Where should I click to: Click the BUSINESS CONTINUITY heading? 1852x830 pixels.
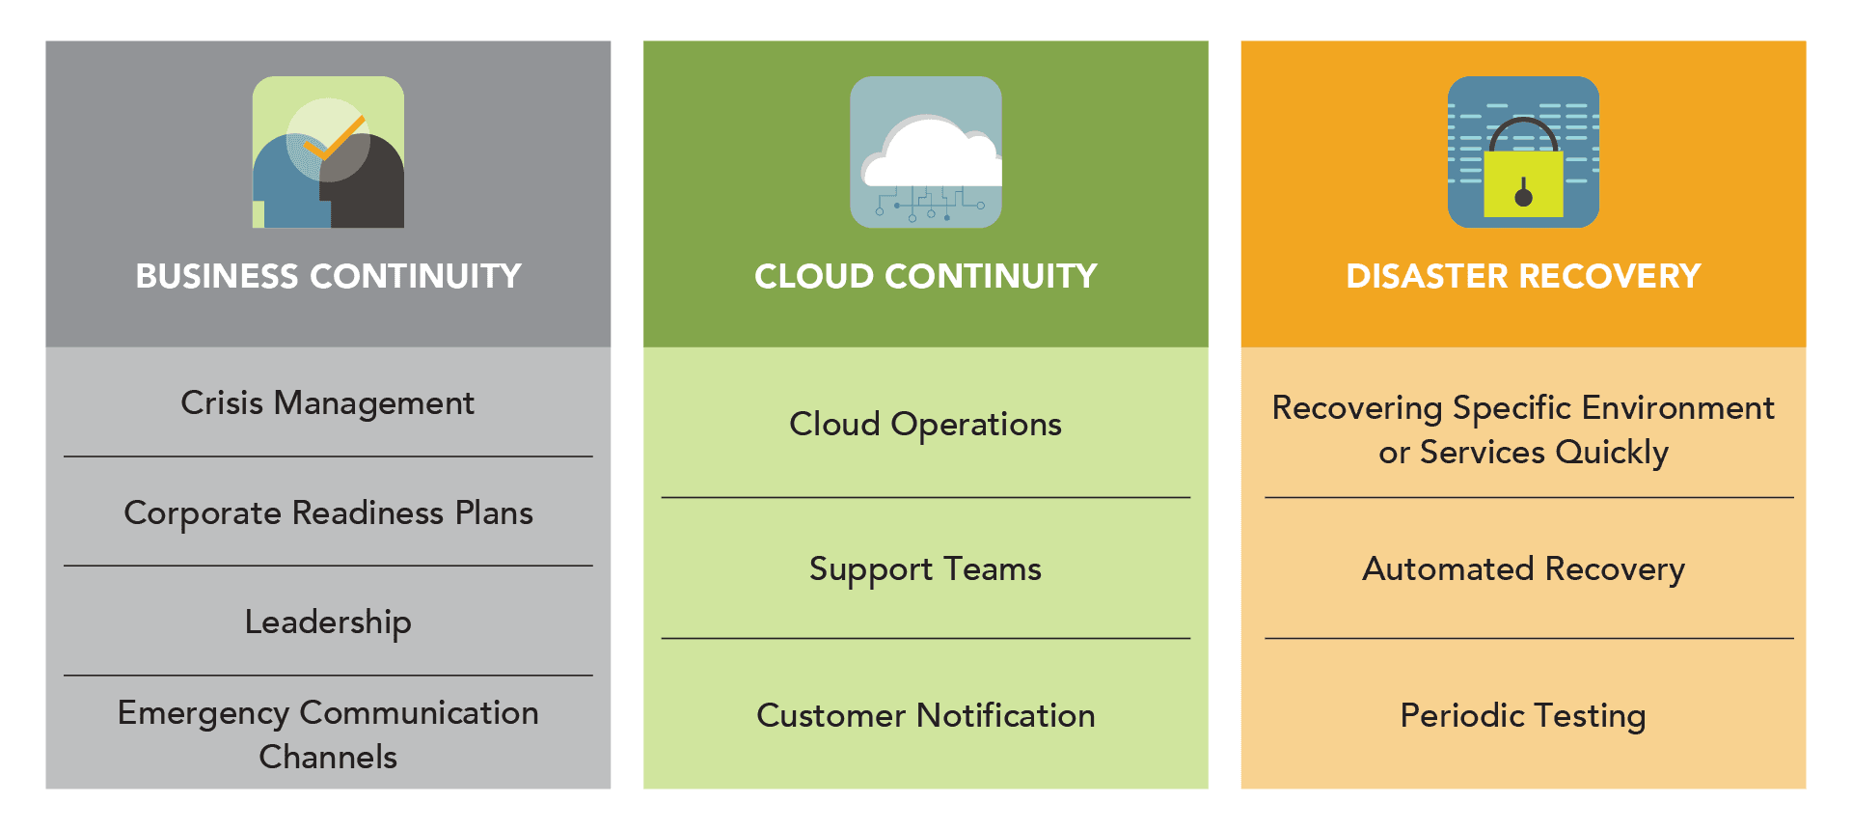click(x=328, y=276)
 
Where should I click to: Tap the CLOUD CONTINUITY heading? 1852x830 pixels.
click(x=926, y=276)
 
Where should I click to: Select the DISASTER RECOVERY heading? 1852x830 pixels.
click(x=1523, y=276)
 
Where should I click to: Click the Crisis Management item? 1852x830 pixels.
click(x=328, y=403)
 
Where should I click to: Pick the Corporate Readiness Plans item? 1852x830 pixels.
click(x=328, y=513)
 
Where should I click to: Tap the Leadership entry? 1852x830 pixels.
click(x=328, y=622)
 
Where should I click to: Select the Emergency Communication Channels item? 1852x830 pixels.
click(x=328, y=734)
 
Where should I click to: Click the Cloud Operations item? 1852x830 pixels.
click(x=926, y=425)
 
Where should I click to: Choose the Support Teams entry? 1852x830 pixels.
click(x=926, y=569)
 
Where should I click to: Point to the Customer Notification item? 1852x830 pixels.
click(x=926, y=715)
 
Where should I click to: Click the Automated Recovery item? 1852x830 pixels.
click(x=1523, y=569)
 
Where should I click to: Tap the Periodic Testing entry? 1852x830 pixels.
click(x=1523, y=716)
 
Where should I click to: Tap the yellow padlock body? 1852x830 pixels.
click(x=1523, y=183)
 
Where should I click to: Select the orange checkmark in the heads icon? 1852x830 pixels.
click(x=334, y=138)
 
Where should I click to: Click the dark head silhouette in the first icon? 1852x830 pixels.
click(x=363, y=184)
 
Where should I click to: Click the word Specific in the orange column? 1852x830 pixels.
click(x=1512, y=408)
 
